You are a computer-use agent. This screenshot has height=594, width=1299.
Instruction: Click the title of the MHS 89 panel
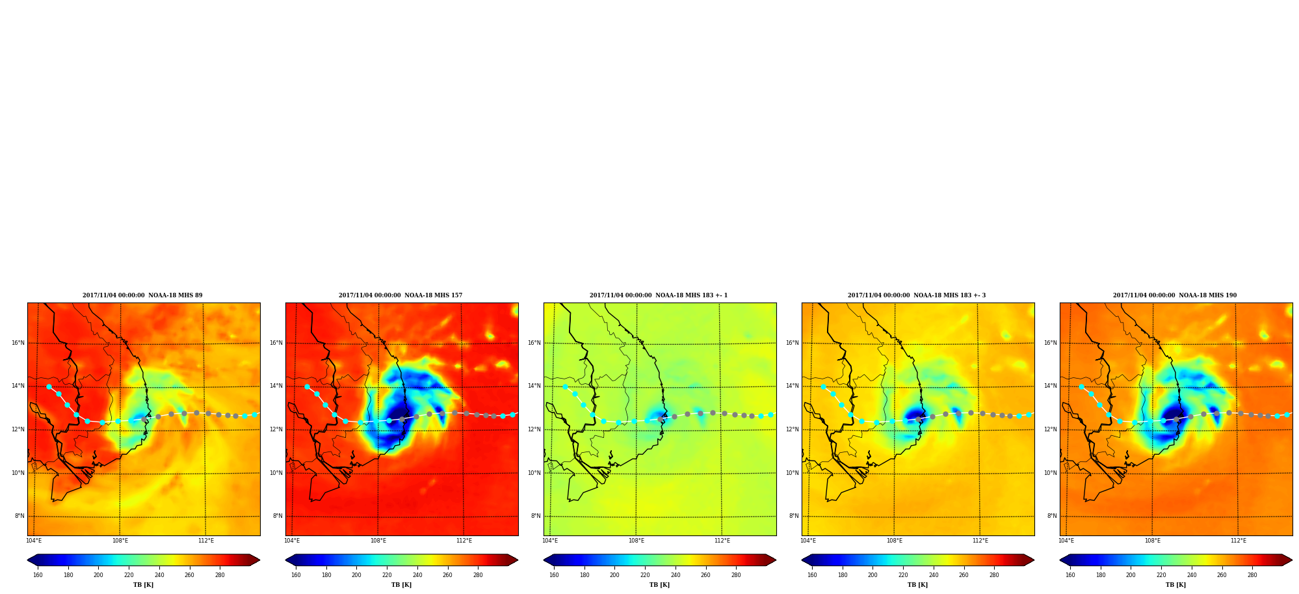tap(142, 295)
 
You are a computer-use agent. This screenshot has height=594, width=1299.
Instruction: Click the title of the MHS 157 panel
tap(400, 295)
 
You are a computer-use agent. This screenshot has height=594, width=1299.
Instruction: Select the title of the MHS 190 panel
tap(1175, 295)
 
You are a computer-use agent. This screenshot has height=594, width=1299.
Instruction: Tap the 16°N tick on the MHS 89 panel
tap(18, 343)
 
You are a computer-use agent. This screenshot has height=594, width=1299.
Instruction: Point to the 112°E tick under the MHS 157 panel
tap(464, 541)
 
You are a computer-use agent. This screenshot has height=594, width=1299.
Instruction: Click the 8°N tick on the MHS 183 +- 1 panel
tap(536, 516)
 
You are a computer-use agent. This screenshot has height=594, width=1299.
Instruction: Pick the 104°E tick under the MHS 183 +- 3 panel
tap(808, 541)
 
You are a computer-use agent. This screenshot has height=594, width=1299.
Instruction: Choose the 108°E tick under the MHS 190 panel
tap(1153, 541)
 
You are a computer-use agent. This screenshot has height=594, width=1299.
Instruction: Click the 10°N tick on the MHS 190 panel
tap(1051, 473)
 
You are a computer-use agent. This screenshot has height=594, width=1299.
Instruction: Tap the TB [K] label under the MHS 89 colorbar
tap(144, 585)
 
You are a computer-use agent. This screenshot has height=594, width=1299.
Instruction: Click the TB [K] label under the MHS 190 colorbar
tap(1175, 585)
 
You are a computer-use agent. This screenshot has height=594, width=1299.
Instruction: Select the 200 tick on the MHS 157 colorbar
tap(356, 575)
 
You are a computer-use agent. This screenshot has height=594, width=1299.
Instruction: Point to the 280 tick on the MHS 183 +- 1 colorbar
tap(736, 575)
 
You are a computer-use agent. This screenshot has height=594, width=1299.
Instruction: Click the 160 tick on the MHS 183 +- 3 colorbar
tap(812, 575)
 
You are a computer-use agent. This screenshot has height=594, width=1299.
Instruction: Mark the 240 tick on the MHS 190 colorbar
tap(1192, 575)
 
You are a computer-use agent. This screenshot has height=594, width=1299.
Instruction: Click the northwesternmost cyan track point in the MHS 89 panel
tap(49, 386)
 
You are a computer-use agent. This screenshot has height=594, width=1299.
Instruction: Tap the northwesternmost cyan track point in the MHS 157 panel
tap(307, 386)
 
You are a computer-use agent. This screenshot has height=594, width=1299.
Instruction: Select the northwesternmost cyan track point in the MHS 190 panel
tap(1081, 386)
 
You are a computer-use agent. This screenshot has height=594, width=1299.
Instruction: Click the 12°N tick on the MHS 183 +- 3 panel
tap(793, 429)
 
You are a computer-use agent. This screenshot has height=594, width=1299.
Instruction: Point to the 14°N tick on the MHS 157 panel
tap(276, 386)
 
